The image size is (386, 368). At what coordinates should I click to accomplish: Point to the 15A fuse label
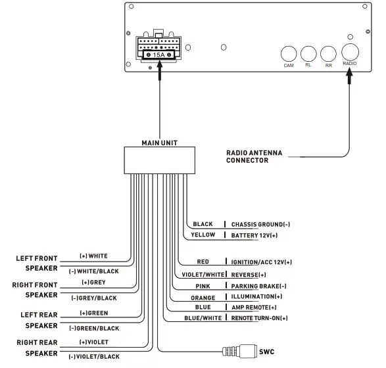[x=158, y=55]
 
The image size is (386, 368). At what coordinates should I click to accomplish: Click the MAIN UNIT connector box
[x=159, y=160]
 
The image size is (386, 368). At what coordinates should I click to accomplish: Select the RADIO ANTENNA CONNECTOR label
[x=254, y=156]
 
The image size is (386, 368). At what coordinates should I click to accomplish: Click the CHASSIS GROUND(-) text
[x=260, y=224]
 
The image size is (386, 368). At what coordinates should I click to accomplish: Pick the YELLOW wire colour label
[x=203, y=235]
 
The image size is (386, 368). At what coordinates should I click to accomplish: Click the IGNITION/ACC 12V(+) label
[x=261, y=262]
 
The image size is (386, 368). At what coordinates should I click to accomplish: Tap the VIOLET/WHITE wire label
[x=202, y=274]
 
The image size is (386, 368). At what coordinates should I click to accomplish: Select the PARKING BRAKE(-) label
[x=259, y=287]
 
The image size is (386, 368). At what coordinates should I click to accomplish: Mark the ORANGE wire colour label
[x=203, y=298]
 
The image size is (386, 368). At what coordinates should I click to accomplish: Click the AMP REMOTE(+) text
[x=254, y=308]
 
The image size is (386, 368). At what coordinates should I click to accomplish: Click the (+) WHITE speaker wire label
[x=93, y=256]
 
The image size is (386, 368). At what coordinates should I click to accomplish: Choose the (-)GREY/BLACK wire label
[x=93, y=298]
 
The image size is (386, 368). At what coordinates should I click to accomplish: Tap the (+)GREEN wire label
[x=93, y=313]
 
